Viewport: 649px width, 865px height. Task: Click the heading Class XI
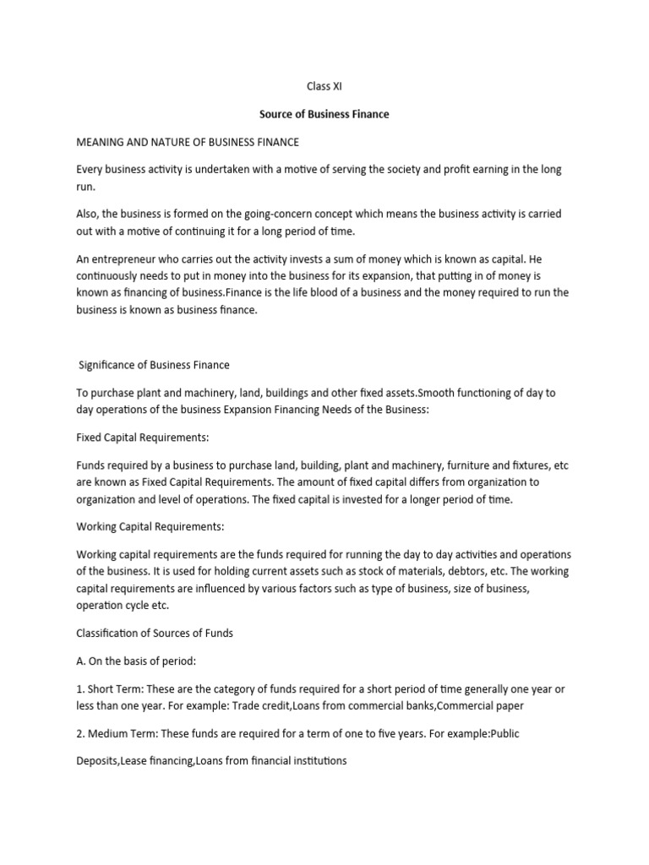tap(324, 86)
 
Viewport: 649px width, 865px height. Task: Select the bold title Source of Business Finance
tap(324, 114)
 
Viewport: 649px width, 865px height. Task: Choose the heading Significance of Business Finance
tap(154, 365)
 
